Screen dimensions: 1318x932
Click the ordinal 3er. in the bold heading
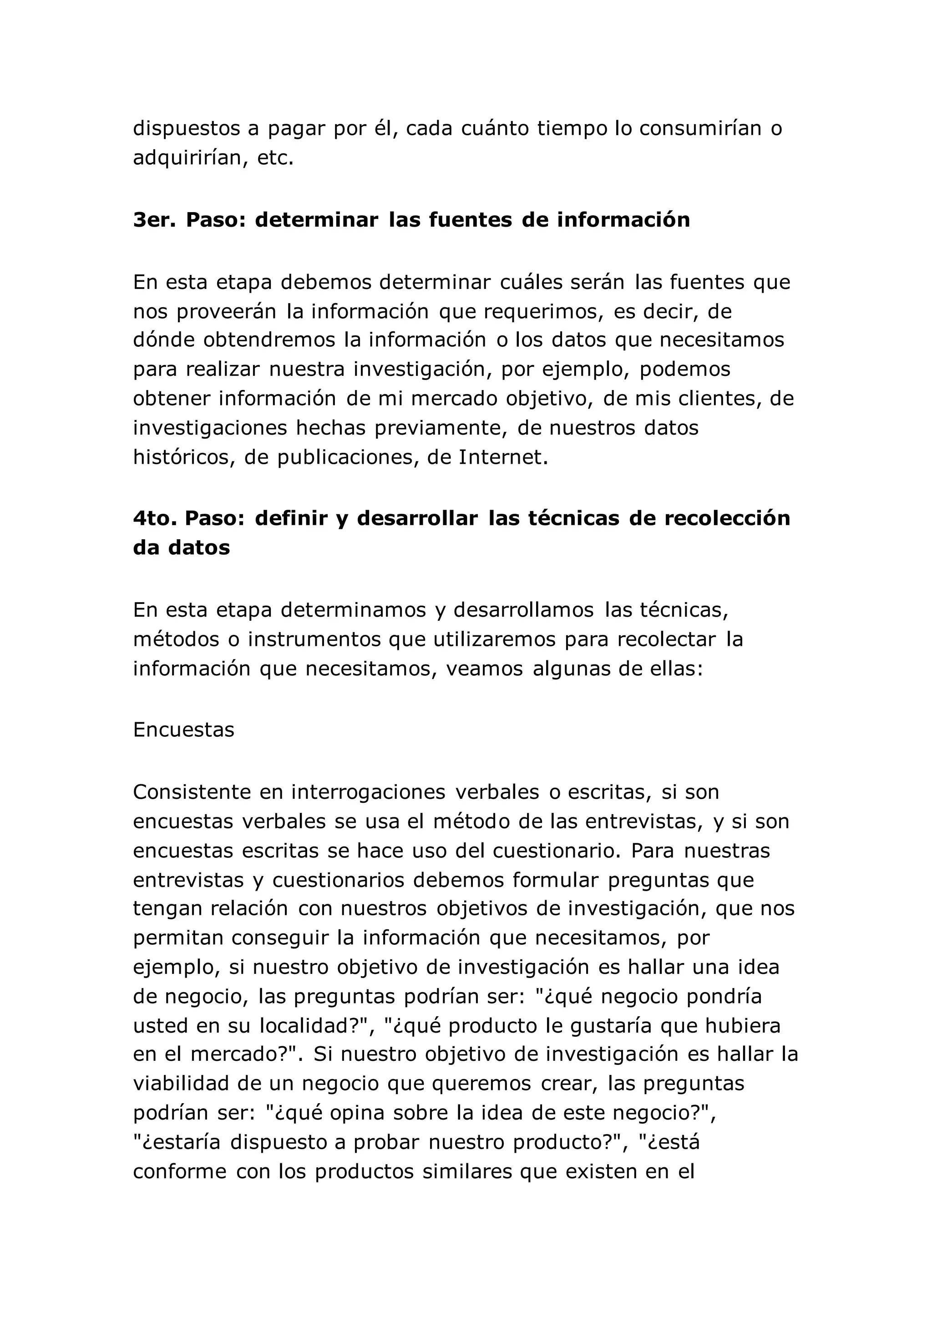[x=154, y=220]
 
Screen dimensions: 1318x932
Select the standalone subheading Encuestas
[x=184, y=730]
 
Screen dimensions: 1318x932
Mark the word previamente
[x=441, y=428]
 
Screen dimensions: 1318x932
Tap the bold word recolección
[x=727, y=518]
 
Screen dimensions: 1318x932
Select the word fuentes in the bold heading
[x=470, y=220]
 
